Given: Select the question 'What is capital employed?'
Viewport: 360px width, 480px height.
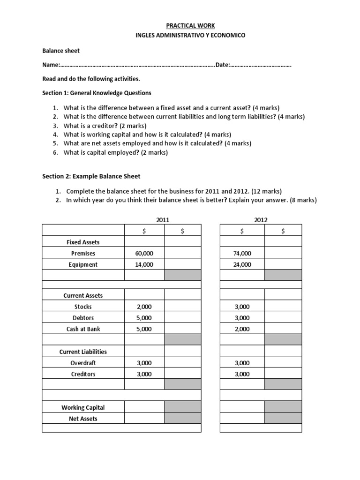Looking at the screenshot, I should (x=115, y=152).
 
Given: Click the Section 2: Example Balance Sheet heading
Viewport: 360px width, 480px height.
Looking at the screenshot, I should (x=91, y=176).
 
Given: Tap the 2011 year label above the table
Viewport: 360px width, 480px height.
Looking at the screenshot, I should (x=163, y=219).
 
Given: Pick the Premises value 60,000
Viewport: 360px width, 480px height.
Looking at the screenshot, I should (x=144, y=253).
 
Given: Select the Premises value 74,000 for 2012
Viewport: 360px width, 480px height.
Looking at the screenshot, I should (x=242, y=253).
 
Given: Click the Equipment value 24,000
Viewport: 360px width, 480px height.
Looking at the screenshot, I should (x=242, y=264).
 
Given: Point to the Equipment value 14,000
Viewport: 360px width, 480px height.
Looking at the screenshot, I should (x=144, y=264).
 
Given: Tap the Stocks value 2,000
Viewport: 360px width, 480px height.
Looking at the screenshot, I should (x=144, y=307).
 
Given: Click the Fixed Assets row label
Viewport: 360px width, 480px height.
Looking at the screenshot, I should (x=83, y=242).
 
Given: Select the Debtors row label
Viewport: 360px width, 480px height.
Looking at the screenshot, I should (x=83, y=318).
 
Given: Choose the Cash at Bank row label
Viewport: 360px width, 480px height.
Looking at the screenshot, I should (x=83, y=329).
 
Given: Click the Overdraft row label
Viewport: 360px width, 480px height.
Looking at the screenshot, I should (x=83, y=363).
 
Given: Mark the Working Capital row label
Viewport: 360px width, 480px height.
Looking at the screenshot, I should (x=83, y=407).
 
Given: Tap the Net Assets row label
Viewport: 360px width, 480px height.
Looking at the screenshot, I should (x=83, y=419).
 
